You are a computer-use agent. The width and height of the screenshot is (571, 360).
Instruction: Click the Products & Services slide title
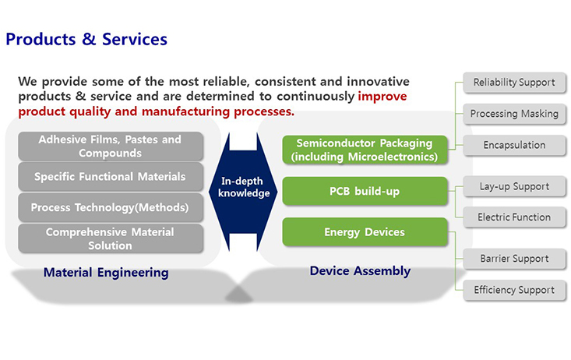click(86, 40)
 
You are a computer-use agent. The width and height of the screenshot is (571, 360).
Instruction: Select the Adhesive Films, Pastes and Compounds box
click(111, 146)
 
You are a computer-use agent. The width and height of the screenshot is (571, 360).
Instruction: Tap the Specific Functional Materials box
click(111, 177)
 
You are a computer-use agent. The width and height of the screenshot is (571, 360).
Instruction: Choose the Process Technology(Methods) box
click(111, 207)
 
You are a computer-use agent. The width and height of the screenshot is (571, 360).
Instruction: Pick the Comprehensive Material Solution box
click(111, 238)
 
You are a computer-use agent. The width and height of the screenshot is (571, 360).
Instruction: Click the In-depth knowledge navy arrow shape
click(243, 192)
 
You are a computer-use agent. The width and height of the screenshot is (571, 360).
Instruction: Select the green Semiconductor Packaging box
click(365, 150)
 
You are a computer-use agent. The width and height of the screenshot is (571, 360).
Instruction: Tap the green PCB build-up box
click(365, 191)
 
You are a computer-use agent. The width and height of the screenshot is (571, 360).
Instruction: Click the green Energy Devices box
click(365, 232)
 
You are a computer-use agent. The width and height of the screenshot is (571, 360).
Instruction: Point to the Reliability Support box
click(514, 83)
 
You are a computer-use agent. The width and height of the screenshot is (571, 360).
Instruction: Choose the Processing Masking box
click(514, 114)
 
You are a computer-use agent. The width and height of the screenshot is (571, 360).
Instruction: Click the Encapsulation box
click(514, 145)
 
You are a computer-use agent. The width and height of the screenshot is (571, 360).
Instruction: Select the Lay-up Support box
click(514, 186)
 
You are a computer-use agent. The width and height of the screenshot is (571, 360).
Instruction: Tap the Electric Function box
click(514, 217)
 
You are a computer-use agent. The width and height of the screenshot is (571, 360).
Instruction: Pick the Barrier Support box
click(514, 259)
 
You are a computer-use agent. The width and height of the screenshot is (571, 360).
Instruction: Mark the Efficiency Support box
click(514, 290)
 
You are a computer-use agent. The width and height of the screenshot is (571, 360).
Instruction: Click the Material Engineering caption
click(106, 273)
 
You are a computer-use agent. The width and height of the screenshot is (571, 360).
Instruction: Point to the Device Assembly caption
click(360, 271)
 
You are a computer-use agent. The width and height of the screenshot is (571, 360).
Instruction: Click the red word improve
click(382, 97)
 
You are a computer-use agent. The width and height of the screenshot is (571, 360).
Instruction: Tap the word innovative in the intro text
click(378, 81)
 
